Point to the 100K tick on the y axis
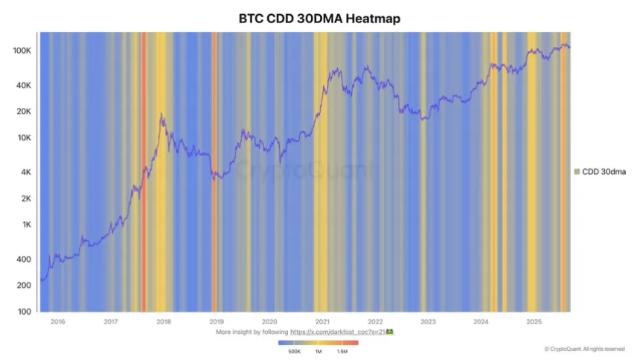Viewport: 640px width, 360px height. tap(21, 51)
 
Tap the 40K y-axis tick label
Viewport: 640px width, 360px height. tap(22, 86)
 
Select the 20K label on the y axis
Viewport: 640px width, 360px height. tap(22, 112)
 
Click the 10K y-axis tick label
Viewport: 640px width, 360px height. tap(22, 138)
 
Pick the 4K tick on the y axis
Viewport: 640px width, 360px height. tap(25, 173)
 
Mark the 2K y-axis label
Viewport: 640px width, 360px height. tap(25, 199)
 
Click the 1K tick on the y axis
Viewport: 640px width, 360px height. tap(25, 225)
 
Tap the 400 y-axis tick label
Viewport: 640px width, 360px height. tap(24, 260)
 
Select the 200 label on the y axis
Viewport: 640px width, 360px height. tap(24, 286)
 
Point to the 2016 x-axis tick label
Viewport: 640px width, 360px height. tap(57, 322)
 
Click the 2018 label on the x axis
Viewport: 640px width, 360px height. tap(164, 322)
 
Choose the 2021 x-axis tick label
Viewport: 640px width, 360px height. tap(322, 322)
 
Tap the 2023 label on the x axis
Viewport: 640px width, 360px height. tap(428, 322)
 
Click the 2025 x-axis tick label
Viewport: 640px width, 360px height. tap(534, 322)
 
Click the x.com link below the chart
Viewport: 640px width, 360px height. tap(341, 332)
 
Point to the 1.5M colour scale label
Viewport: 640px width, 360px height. tap(342, 351)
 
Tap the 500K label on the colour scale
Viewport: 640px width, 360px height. tap(295, 351)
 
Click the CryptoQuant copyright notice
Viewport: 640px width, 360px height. tap(584, 349)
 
